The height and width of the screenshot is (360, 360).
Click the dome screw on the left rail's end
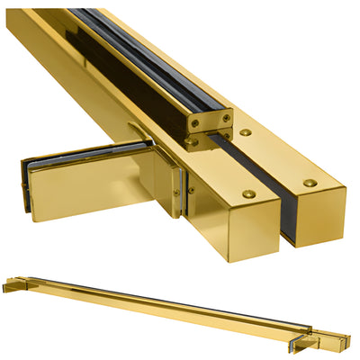(x=249, y=193)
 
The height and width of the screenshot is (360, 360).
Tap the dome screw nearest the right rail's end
(x=310, y=183)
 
